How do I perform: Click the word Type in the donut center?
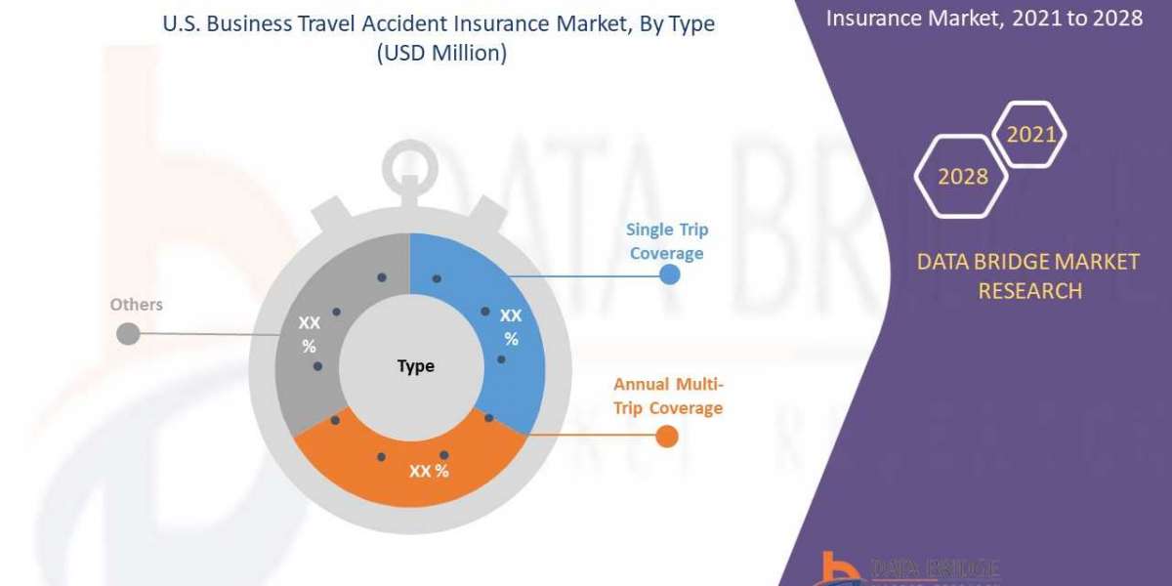point(416,366)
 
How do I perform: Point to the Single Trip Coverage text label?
point(667,241)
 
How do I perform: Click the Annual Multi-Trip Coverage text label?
point(668,396)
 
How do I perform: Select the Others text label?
point(136,305)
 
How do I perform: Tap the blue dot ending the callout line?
point(669,274)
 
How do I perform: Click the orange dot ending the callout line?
point(666,436)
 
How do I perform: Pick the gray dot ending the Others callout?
point(127,334)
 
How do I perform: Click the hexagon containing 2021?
point(1030,135)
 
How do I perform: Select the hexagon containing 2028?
point(961,176)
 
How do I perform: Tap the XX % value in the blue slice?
point(511,327)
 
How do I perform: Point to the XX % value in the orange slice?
point(429,471)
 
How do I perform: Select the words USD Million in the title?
point(442,55)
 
